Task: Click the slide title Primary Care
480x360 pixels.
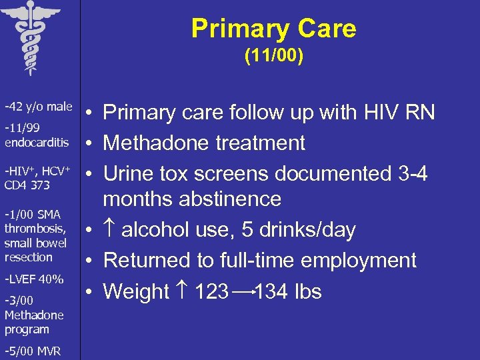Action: click(x=273, y=29)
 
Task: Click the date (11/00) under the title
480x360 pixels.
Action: click(x=273, y=57)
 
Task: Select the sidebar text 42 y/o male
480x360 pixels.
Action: click(x=38, y=107)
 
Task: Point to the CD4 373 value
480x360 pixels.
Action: click(x=27, y=185)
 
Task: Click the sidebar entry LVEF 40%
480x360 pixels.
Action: click(x=33, y=279)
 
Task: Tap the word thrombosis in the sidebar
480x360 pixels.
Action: click(x=35, y=229)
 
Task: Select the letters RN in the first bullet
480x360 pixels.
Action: click(x=421, y=112)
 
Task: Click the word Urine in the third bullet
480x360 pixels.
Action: click(x=127, y=173)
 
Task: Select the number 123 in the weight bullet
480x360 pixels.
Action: click(x=211, y=291)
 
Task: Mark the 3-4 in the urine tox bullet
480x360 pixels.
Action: click(x=409, y=173)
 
